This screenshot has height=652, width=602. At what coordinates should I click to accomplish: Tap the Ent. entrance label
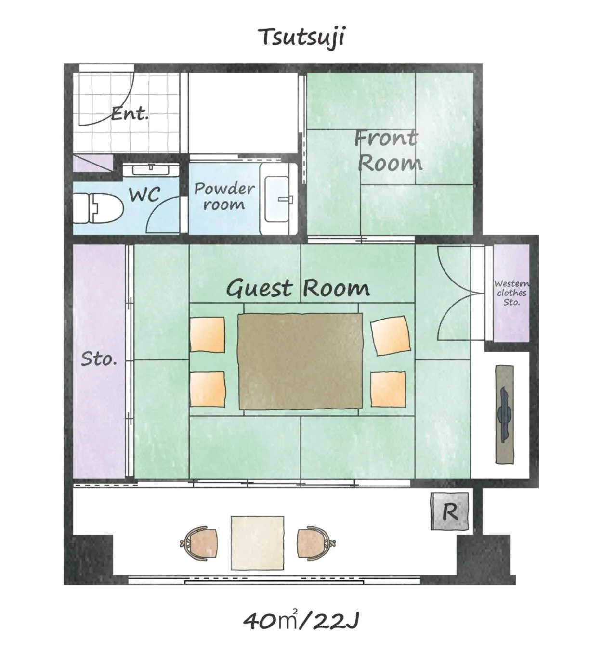[x=130, y=114]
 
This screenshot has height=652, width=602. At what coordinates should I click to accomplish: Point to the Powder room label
[x=224, y=196]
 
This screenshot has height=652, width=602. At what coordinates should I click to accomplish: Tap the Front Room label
[x=388, y=151]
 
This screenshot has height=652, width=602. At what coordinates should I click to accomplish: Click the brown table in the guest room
[x=301, y=361]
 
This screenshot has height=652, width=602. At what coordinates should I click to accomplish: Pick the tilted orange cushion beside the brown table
[x=391, y=335]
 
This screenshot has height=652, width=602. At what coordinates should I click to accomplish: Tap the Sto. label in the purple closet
[x=99, y=358]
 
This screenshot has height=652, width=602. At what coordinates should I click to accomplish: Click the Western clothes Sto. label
[x=511, y=293]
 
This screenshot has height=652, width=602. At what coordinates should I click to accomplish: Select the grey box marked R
[x=450, y=511]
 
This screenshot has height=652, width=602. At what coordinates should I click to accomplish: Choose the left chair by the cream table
[x=199, y=543]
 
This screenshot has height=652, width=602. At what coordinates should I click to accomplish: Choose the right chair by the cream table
[x=316, y=543]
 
